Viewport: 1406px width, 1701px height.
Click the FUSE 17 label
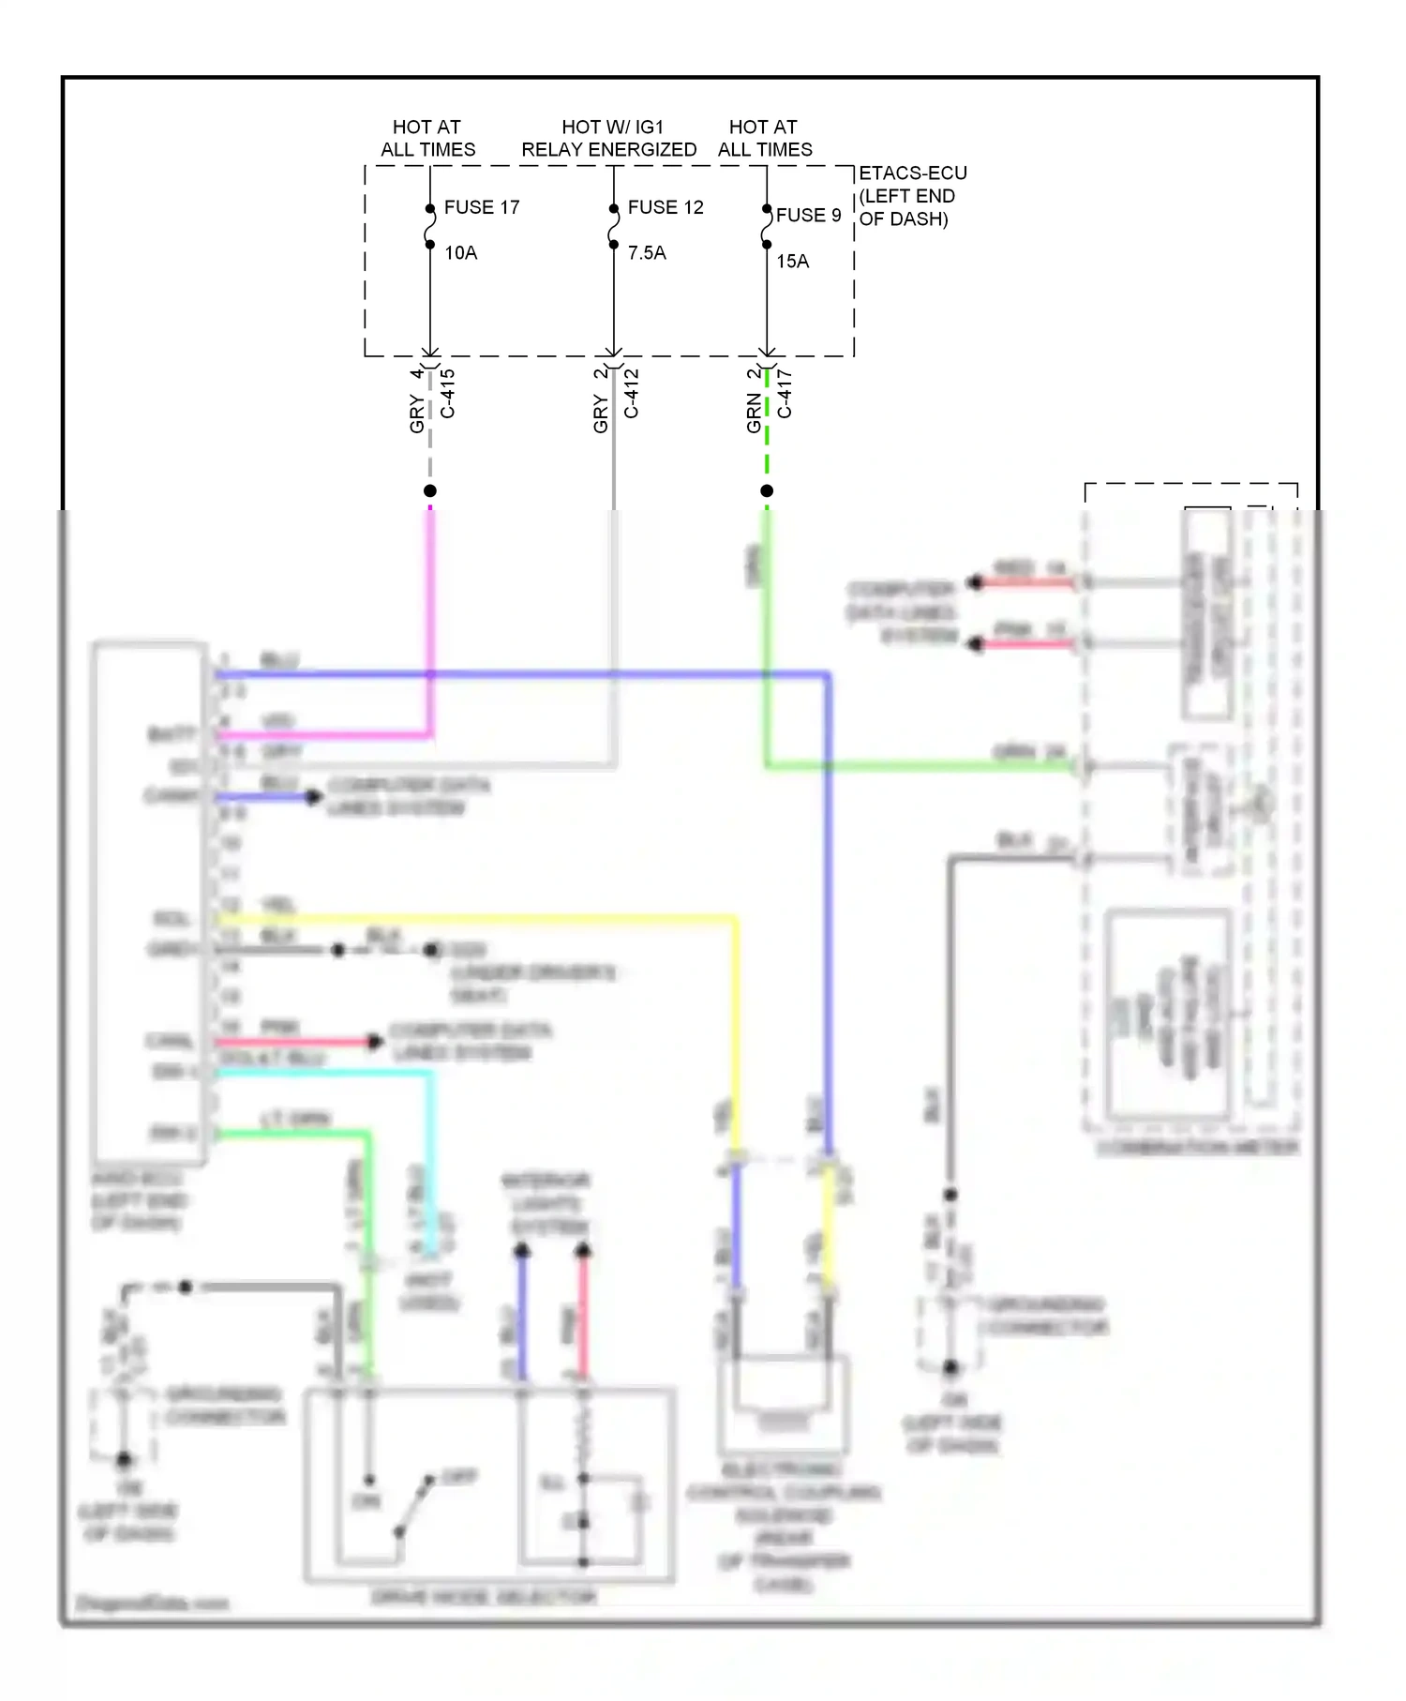pos(481,207)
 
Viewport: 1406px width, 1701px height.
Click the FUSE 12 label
pos(665,207)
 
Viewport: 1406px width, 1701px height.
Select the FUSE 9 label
pos(808,216)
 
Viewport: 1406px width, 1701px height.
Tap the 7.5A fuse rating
pos(647,253)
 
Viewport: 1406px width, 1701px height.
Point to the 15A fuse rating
pos(792,262)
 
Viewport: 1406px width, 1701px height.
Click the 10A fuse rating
pos(460,253)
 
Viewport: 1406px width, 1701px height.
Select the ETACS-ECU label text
pos(912,173)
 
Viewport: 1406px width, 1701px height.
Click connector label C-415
pos(448,394)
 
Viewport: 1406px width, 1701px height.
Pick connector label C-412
pos(632,394)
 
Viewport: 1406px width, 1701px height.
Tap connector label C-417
pos(785,394)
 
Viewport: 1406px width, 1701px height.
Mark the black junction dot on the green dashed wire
pos(767,490)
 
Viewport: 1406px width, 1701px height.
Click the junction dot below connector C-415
pos(430,490)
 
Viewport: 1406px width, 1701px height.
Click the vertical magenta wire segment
pos(430,619)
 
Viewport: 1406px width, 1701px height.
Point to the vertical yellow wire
pos(735,1031)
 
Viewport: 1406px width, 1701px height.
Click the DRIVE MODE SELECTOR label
pos(484,1597)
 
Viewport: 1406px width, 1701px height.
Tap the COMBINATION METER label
pos(1197,1148)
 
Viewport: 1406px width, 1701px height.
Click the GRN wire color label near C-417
pos(755,413)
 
